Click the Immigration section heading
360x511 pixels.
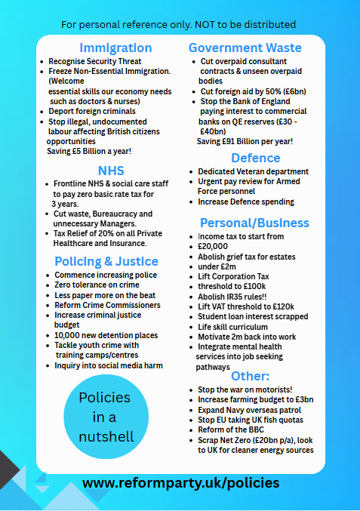(111, 48)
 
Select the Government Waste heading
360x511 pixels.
(245, 48)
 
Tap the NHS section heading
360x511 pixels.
(111, 171)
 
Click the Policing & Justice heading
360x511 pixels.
(106, 261)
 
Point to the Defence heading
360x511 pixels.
(256, 159)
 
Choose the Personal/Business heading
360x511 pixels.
(254, 223)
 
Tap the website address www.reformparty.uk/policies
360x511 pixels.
(180, 482)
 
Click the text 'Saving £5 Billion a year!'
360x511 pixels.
(89, 151)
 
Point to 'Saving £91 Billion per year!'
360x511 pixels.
(245, 141)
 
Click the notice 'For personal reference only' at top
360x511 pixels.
(178, 25)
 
